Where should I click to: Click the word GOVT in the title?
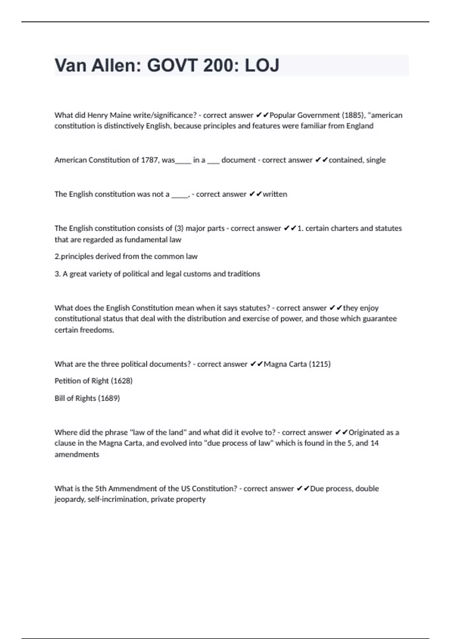point(172,65)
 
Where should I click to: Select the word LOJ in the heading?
point(262,65)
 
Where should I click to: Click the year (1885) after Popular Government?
point(353,115)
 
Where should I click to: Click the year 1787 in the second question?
point(149,160)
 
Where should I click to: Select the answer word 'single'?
point(376,160)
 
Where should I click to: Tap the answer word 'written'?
point(275,194)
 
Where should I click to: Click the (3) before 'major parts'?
point(179,228)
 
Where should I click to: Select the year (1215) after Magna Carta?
point(319,364)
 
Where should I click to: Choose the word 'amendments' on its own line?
point(77,454)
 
